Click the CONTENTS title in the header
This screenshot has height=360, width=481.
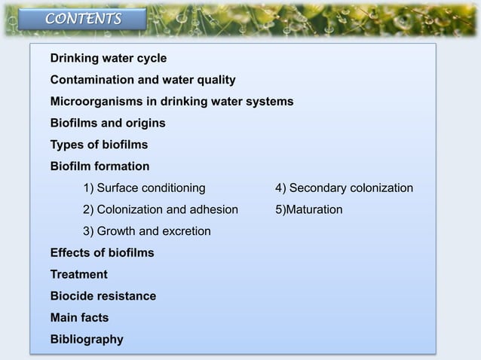[x=83, y=19]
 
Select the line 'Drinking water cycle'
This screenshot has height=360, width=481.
[x=109, y=58]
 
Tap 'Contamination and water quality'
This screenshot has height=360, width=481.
[x=142, y=80]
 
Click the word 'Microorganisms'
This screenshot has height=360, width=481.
[x=95, y=101]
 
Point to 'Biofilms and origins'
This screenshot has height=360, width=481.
[x=108, y=123]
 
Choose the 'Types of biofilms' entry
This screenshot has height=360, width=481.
[x=99, y=144]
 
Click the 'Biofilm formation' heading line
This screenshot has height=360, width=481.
[x=100, y=166]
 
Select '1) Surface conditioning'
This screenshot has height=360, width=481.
[x=144, y=188]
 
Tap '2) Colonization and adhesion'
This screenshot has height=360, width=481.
[x=161, y=209]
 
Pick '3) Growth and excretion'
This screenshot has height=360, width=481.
[x=147, y=231]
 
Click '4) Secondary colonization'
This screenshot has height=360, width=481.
[x=344, y=188]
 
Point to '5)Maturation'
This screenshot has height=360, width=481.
[x=309, y=209]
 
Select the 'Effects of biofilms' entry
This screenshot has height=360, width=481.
[x=102, y=253]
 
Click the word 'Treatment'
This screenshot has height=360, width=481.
[x=78, y=275]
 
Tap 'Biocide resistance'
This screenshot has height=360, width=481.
[x=103, y=296]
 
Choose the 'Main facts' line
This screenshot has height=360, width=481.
[x=79, y=318]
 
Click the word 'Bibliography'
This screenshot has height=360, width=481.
[x=87, y=340]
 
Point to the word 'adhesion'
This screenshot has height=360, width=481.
[x=213, y=209]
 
